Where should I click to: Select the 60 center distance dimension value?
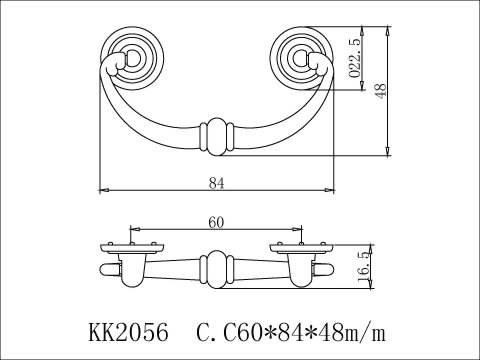(215, 222)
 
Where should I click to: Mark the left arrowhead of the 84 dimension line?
(103, 189)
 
